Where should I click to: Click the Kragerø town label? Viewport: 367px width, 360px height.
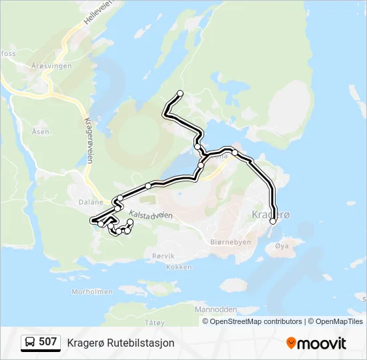[272, 215]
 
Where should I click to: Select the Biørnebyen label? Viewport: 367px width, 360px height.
[230, 242]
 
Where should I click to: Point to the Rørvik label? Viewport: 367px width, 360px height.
[163, 256]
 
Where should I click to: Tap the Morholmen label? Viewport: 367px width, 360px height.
[91, 291]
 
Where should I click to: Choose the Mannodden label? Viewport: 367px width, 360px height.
[216, 310]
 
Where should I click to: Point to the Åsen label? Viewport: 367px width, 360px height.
[40, 132]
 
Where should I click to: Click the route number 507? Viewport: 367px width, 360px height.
[47, 342]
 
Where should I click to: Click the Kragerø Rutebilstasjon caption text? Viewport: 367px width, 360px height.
[121, 343]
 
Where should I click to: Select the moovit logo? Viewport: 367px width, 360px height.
[316, 343]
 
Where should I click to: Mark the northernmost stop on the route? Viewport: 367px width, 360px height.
[179, 93]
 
